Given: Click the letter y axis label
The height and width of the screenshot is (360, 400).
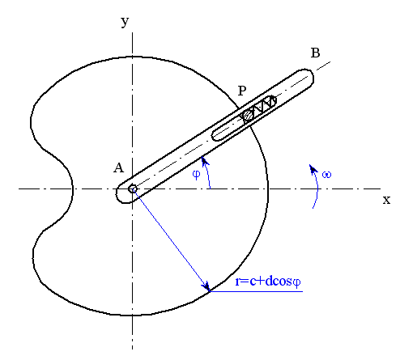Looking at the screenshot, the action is pyautogui.click(x=125, y=21).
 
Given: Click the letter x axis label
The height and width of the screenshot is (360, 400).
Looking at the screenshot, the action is pyautogui.click(x=386, y=200).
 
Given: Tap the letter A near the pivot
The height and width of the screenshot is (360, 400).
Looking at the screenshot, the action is pyautogui.click(x=119, y=167).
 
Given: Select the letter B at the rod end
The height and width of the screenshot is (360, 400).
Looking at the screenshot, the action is pyautogui.click(x=315, y=53).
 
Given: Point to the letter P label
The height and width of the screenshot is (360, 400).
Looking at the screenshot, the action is pyautogui.click(x=242, y=91).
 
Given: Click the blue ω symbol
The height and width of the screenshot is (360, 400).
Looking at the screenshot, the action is pyautogui.click(x=326, y=175).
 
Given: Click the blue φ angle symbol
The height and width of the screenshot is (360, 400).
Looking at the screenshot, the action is pyautogui.click(x=197, y=175).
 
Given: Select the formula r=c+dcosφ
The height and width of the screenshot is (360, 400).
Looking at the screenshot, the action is pyautogui.click(x=268, y=282).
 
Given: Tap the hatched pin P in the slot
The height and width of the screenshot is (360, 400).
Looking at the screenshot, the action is pyautogui.click(x=248, y=116).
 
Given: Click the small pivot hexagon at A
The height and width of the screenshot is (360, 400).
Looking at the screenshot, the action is pyautogui.click(x=132, y=188).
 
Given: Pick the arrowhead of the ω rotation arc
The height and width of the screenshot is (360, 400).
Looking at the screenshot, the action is pyautogui.click(x=313, y=168).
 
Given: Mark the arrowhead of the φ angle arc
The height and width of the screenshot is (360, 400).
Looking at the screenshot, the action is pyautogui.click(x=205, y=161).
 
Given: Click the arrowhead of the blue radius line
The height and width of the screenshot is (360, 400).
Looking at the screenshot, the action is pyautogui.click(x=206, y=286).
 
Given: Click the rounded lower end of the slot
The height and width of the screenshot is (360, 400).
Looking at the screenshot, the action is pyautogui.click(x=216, y=136).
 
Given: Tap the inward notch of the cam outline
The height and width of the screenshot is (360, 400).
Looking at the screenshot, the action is pyautogui.click(x=72, y=188).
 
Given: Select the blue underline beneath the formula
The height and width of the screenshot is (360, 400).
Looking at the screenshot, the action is pyautogui.click(x=257, y=291).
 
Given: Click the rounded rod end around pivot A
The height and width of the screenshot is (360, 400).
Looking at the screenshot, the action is pyautogui.click(x=120, y=193).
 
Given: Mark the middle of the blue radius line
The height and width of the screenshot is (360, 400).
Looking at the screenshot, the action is pyautogui.click(x=171, y=240).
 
